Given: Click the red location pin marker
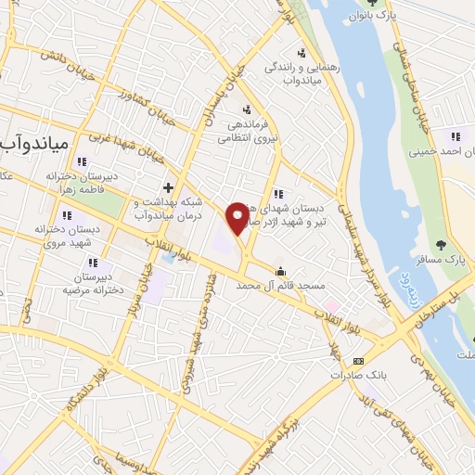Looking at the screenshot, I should (238, 217).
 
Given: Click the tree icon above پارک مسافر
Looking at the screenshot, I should (439, 245).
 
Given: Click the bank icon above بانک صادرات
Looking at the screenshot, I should (359, 361).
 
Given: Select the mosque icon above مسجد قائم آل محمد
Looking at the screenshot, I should (279, 272).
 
